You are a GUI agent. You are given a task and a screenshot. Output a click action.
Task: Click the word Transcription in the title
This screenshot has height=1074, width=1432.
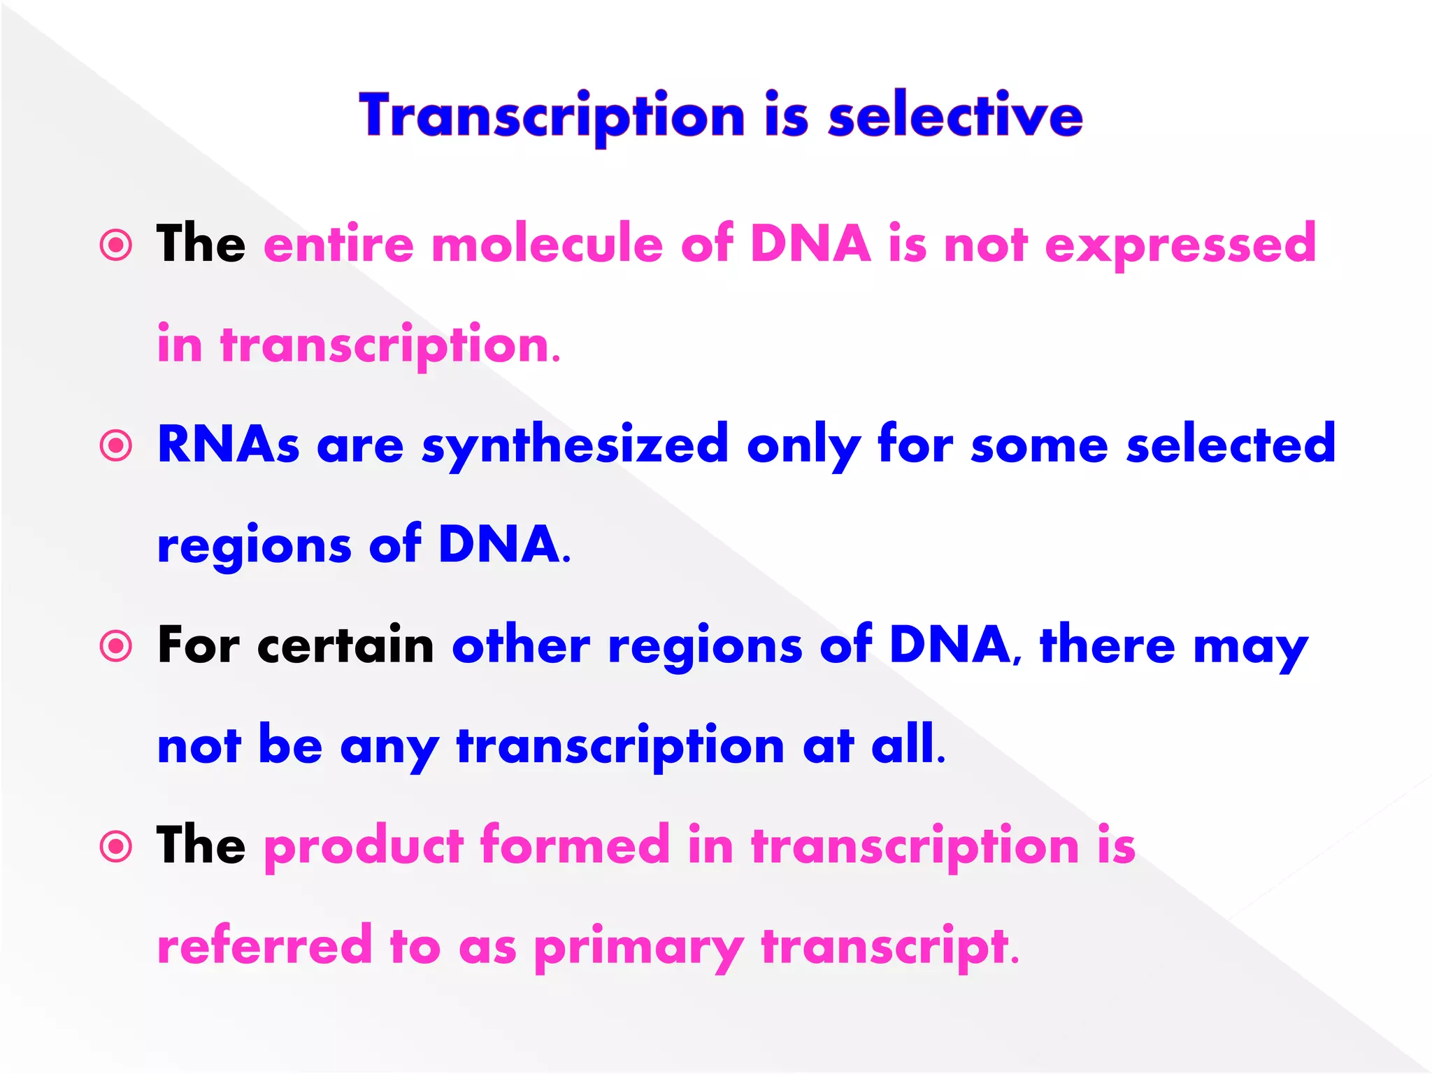(x=552, y=117)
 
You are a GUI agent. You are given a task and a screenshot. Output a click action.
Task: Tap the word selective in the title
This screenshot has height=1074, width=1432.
(x=955, y=115)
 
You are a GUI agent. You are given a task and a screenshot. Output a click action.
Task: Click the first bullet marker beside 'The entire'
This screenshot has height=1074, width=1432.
(x=116, y=245)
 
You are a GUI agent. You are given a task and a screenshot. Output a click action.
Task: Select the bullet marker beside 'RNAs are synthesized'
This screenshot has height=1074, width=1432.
(x=116, y=445)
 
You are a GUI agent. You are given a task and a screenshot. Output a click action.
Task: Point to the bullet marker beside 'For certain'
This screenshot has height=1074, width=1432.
(x=116, y=646)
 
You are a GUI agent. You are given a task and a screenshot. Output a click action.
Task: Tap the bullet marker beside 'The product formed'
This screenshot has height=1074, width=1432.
(x=116, y=847)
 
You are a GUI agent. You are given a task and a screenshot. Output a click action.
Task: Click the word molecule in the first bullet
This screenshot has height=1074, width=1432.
(x=547, y=245)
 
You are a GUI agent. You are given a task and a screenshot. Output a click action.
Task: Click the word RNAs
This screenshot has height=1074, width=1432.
(x=229, y=445)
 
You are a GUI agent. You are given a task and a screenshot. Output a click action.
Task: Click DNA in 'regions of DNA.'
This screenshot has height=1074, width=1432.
(x=499, y=545)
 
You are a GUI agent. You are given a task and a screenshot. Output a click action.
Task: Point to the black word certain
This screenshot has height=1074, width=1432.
(x=346, y=645)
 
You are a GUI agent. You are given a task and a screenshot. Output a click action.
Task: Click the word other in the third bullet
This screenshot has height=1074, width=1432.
(x=521, y=645)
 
